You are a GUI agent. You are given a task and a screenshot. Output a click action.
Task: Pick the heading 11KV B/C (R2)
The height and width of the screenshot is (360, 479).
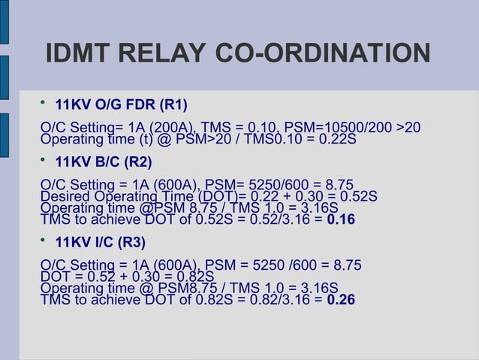pyautogui.click(x=104, y=162)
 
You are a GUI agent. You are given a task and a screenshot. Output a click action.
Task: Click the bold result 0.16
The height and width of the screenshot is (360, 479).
pyautogui.click(x=341, y=220)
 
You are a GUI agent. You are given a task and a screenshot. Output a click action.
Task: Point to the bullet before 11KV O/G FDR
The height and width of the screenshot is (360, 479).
pyautogui.click(x=44, y=102)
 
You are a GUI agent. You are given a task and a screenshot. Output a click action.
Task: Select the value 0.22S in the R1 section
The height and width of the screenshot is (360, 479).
pyautogui.click(x=336, y=140)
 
